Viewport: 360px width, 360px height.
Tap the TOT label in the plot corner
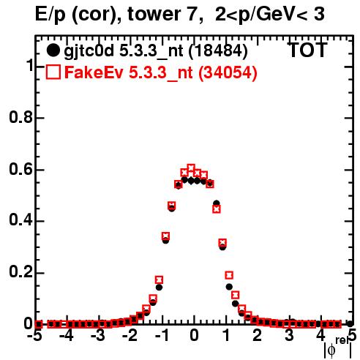click(308, 50)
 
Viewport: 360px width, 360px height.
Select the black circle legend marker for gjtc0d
click(53, 50)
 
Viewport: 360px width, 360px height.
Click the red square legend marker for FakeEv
click(53, 72)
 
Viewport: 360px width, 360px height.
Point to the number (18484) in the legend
click(218, 51)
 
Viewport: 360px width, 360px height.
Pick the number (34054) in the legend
click(228, 72)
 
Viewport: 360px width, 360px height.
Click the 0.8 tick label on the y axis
click(21, 117)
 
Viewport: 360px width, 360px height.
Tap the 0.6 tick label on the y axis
click(21, 169)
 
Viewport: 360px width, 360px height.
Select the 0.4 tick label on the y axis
click(21, 220)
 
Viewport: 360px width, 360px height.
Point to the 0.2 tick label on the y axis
click(21, 271)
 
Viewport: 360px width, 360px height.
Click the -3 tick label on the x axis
click(98, 335)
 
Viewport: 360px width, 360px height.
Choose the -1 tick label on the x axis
click(162, 335)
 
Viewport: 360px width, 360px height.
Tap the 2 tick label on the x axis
click(258, 335)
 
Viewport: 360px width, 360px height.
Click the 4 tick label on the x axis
click(321, 335)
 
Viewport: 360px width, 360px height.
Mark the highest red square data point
click(191, 168)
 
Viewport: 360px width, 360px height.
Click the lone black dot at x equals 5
click(350, 324)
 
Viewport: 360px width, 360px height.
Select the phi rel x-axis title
click(338, 348)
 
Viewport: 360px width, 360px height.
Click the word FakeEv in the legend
click(94, 72)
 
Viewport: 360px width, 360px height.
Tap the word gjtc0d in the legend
click(89, 52)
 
